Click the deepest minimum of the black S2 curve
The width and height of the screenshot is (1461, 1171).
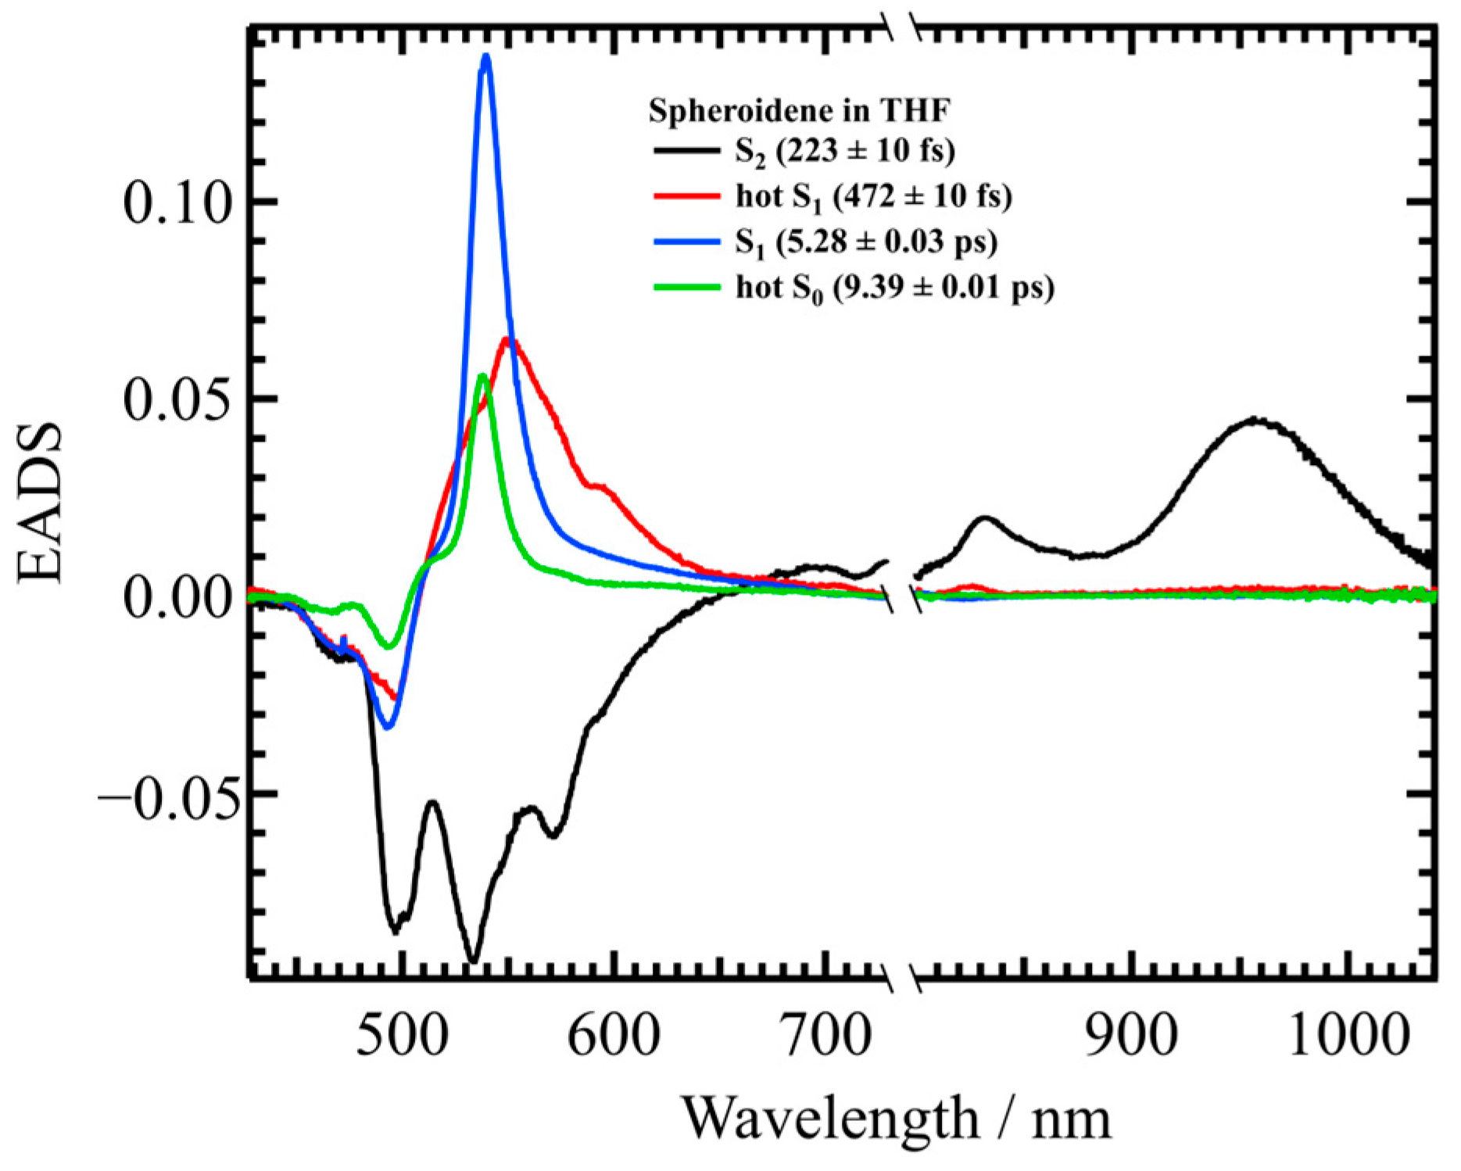click(472, 960)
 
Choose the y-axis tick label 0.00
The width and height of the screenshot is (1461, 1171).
click(178, 598)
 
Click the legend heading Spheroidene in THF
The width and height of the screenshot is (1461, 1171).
click(799, 111)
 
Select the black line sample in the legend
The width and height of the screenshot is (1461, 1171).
click(686, 150)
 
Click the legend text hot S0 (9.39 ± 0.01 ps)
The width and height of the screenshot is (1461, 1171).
click(894, 288)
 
